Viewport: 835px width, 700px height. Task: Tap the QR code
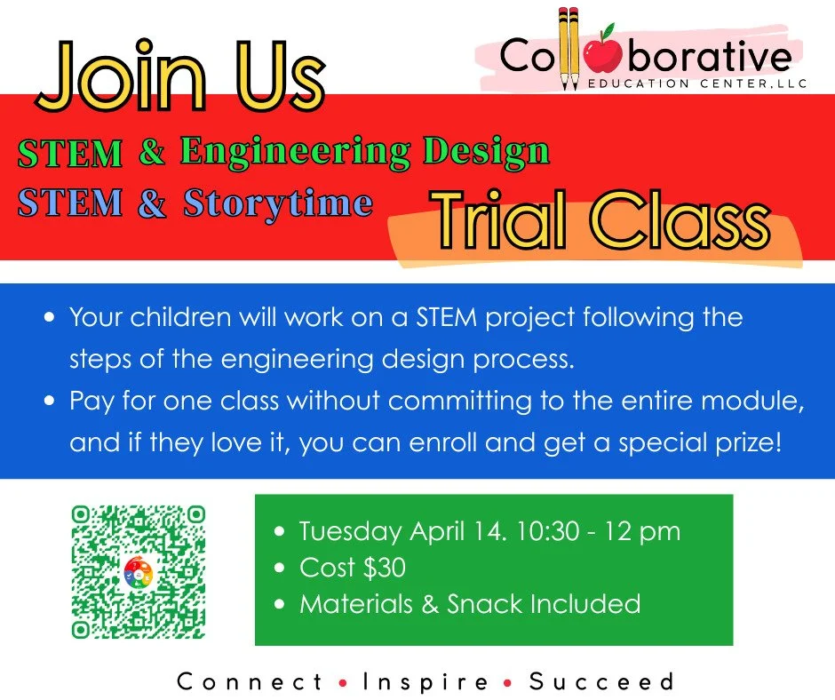(138, 571)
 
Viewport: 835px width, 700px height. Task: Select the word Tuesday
(351, 532)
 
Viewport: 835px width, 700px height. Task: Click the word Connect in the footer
(250, 682)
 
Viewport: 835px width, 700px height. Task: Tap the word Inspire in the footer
(425, 682)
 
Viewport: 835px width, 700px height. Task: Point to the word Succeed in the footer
(601, 682)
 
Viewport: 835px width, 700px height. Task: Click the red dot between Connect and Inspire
(343, 683)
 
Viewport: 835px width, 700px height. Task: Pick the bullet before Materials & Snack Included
(281, 604)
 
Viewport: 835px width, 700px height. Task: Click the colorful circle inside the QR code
(138, 572)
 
